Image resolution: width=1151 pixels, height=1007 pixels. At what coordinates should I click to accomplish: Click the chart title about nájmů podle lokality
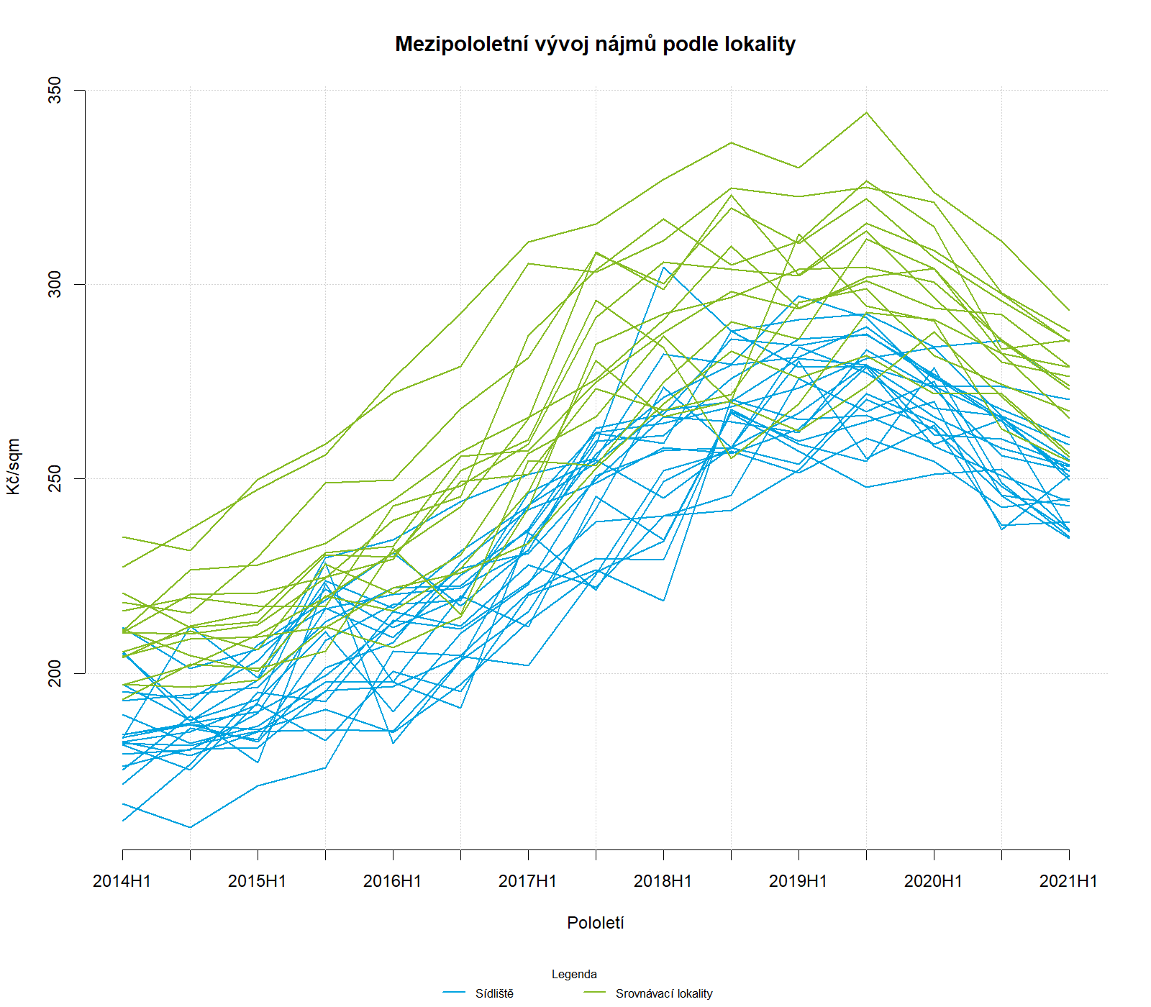[595, 44]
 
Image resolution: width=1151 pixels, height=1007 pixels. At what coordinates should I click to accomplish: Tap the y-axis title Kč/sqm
[13, 467]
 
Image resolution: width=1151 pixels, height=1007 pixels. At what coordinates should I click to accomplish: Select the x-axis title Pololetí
[595, 923]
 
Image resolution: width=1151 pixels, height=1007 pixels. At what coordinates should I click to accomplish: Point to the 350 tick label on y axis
[55, 90]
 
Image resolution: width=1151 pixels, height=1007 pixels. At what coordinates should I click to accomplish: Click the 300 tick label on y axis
[55, 284]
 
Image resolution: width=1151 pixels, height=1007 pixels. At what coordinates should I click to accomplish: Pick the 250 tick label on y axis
[55, 478]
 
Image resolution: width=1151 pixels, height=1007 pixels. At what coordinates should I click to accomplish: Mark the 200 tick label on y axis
[55, 673]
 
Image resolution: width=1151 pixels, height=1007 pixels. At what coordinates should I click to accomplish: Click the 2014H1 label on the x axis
[122, 881]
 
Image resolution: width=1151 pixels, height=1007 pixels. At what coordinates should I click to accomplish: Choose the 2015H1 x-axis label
[257, 881]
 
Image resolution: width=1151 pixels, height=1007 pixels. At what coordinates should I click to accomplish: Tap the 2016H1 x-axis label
[392, 881]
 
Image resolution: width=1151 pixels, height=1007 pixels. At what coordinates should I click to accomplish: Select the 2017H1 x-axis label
[527, 881]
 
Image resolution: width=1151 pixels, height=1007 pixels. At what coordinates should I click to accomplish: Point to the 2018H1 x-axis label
[663, 881]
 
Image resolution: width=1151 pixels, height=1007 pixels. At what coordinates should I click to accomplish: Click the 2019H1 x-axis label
[798, 881]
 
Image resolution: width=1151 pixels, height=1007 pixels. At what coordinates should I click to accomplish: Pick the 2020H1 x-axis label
[933, 881]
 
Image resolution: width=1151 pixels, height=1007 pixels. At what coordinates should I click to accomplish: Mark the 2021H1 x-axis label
[1068, 881]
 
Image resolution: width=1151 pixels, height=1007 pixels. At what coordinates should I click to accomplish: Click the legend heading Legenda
[574, 975]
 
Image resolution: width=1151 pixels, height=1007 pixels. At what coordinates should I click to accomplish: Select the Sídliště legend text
[494, 994]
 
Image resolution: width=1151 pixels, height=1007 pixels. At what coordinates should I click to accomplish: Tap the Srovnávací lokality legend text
[663, 994]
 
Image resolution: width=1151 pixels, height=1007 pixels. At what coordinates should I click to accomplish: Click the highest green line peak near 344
[866, 112]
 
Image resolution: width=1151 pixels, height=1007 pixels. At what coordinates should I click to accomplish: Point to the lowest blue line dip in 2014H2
[190, 827]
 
